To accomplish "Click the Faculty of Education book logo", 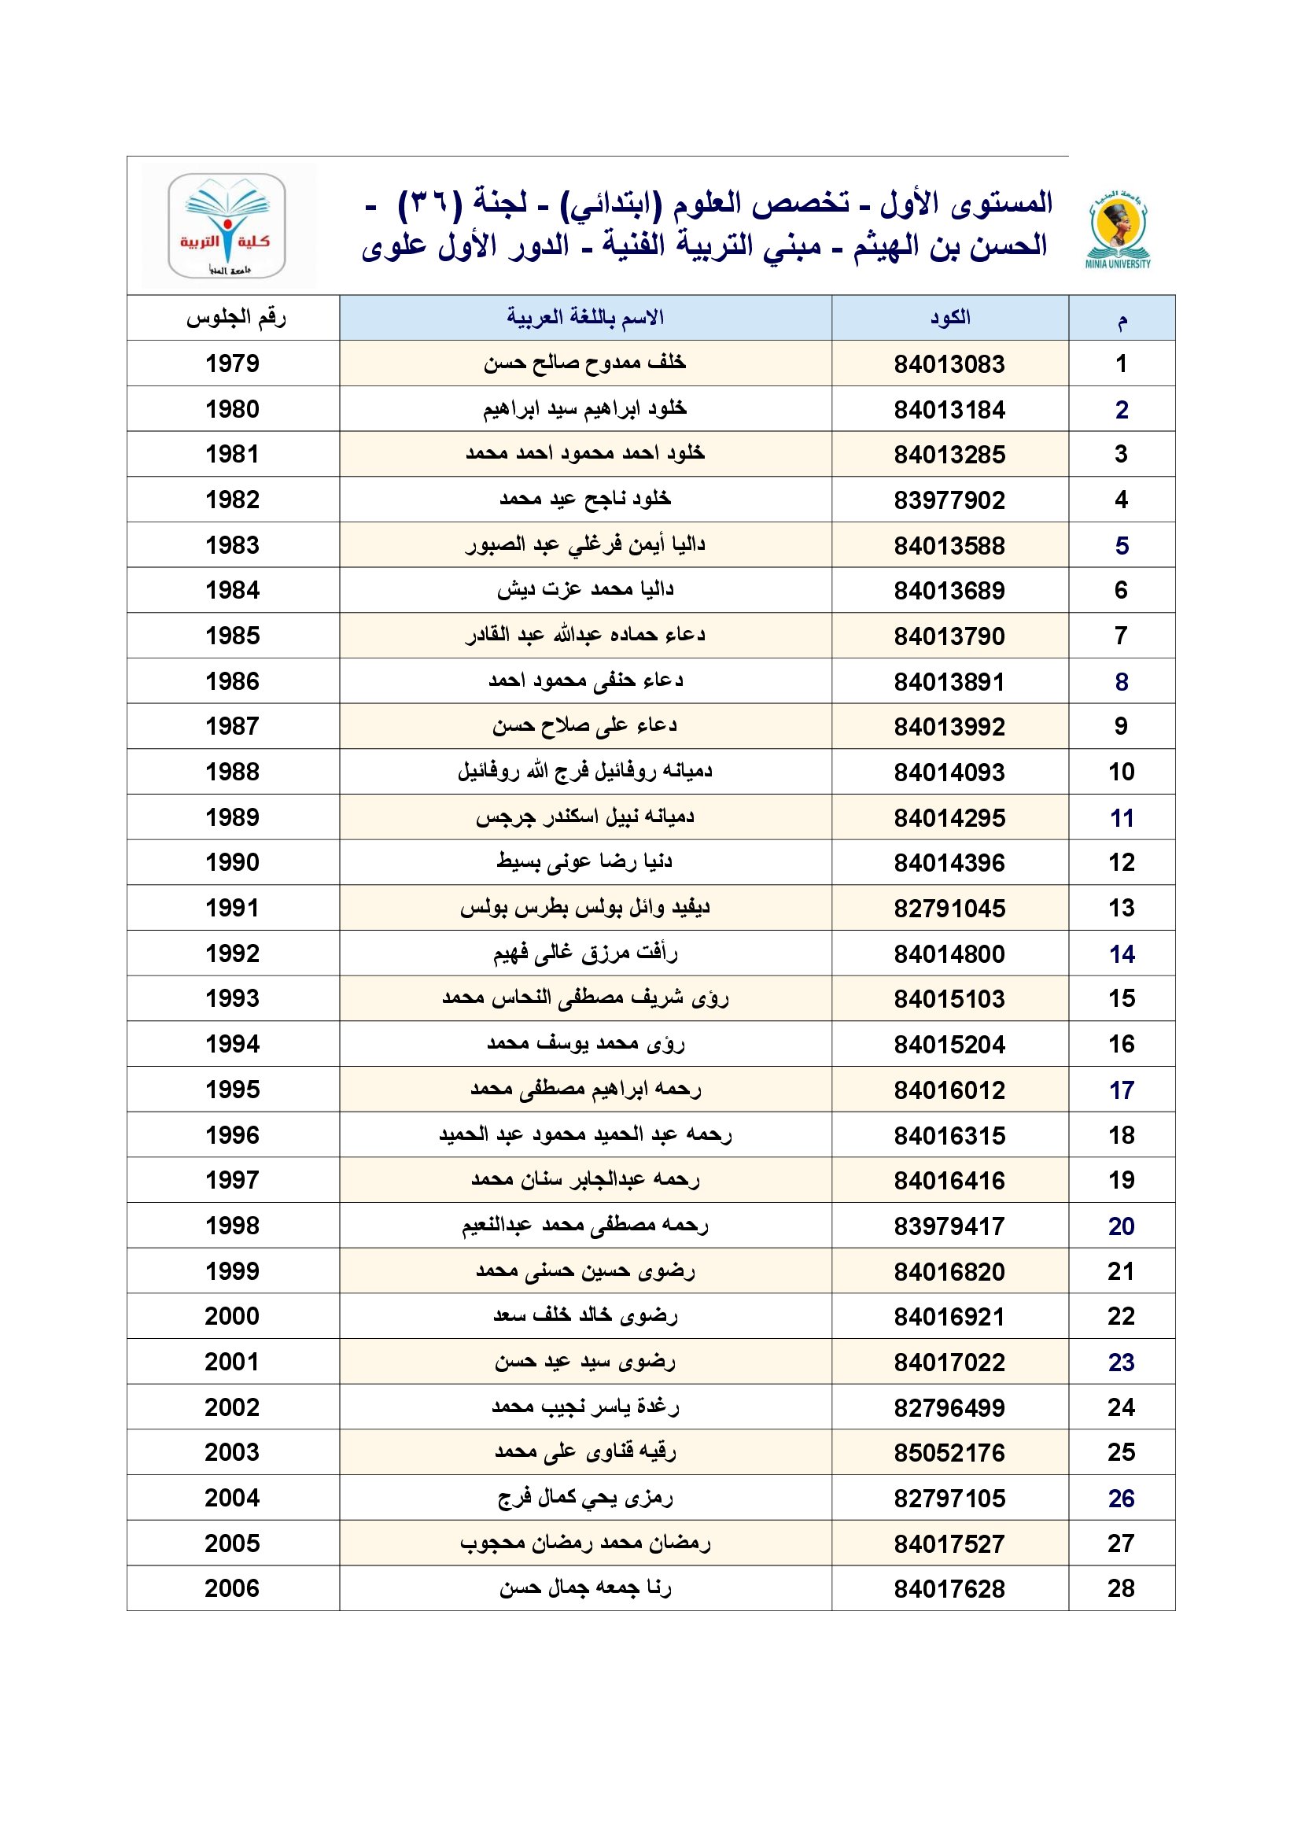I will [x=227, y=225].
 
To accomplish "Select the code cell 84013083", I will [x=949, y=365].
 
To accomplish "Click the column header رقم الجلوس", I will [x=235, y=318].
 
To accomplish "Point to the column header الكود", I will [x=950, y=318].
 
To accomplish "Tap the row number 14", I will [x=1122, y=954].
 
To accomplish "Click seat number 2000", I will [x=232, y=1317].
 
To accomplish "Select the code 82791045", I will [x=949, y=909].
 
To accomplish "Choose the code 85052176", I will [x=949, y=1453].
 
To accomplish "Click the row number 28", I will [x=1122, y=1589].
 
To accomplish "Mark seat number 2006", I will [x=232, y=1589].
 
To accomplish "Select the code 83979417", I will [x=949, y=1226].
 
